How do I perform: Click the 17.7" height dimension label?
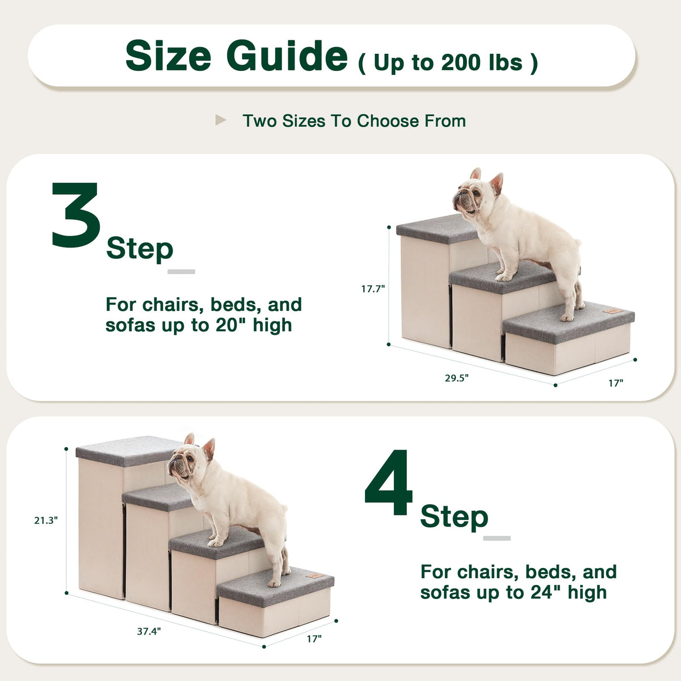click(373, 289)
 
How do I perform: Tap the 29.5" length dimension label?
click(457, 378)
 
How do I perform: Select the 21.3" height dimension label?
click(46, 520)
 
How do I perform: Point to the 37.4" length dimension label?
click(149, 631)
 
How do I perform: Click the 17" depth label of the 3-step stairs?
click(616, 383)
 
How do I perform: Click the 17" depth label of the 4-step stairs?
click(314, 638)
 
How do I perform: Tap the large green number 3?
click(75, 215)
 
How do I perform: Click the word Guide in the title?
click(287, 56)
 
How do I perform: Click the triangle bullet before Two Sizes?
click(221, 120)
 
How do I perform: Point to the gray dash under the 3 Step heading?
click(181, 271)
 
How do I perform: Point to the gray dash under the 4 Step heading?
click(497, 538)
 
